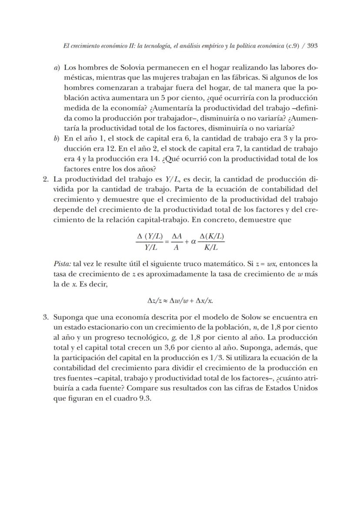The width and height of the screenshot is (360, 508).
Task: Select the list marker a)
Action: coord(57,68)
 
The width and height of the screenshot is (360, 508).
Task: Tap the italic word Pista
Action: coord(61,264)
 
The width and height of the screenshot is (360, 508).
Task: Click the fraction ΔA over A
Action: coord(176,241)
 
